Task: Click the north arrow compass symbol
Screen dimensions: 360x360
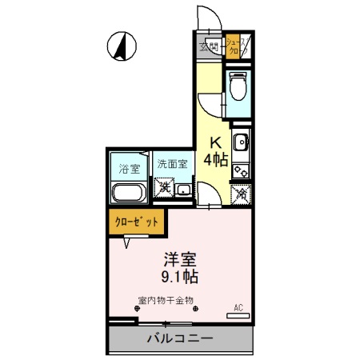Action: tap(122, 47)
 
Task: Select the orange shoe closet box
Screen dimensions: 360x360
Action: tap(237, 46)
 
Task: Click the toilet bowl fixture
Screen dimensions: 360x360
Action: tap(237, 86)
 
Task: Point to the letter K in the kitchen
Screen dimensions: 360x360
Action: tap(216, 143)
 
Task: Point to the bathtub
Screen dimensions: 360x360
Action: tap(126, 194)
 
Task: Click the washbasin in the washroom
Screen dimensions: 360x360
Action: tap(184, 190)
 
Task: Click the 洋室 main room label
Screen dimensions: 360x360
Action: tap(181, 261)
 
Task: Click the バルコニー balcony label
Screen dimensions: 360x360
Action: tap(179, 339)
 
